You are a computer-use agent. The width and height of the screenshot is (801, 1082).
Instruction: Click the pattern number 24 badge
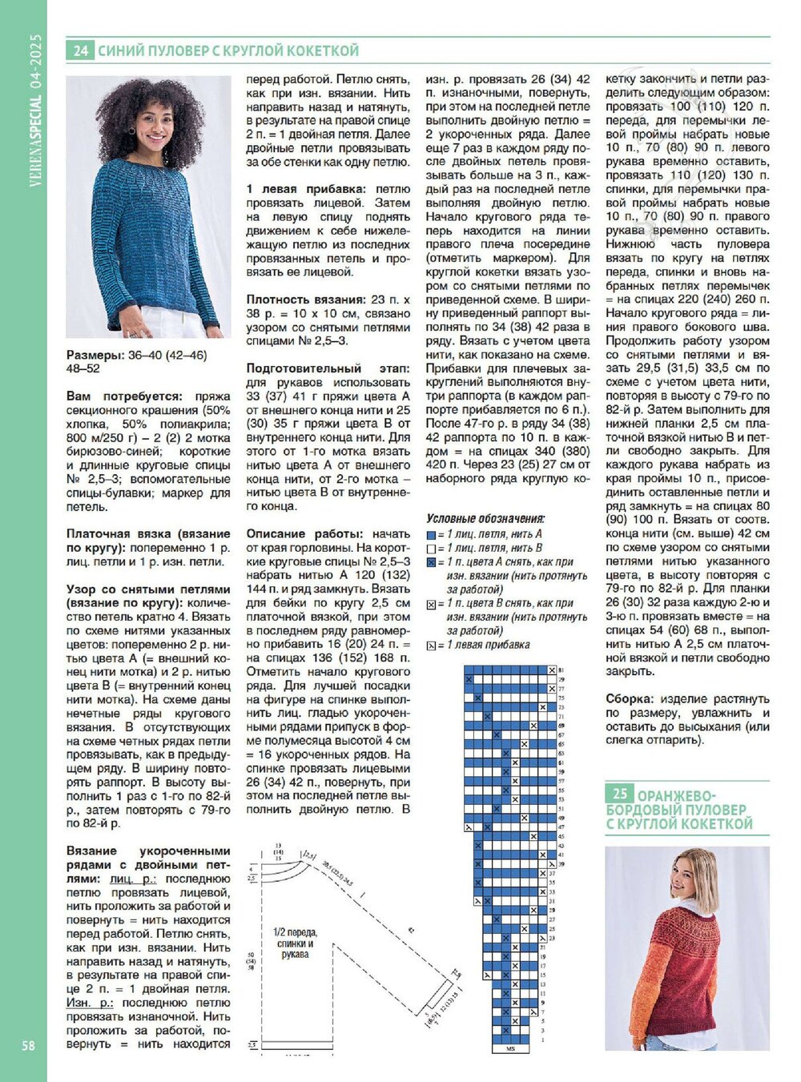coord(79,50)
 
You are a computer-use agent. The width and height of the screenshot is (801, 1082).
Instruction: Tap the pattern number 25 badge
coord(619,793)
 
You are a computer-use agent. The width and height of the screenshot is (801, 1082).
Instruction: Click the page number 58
coord(28,1045)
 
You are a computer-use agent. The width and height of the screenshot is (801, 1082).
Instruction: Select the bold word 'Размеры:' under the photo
coord(95,355)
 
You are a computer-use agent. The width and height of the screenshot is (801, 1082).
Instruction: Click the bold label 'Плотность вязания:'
coord(303,300)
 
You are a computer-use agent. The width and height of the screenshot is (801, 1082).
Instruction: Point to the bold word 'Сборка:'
coord(630,699)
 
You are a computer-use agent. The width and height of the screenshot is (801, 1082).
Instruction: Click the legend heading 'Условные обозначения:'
coord(485,518)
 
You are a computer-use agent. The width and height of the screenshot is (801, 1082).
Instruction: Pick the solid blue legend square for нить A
coord(431,534)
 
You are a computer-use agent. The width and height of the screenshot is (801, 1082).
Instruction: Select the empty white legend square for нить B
coord(431,549)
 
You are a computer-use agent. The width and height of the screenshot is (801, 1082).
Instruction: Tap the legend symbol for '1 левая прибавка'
coord(431,646)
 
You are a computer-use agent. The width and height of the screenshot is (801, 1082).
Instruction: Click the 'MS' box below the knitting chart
coord(510,1048)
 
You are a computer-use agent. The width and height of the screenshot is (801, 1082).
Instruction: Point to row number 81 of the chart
coord(561,670)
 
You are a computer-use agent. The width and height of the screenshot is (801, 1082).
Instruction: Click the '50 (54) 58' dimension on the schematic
coord(252,961)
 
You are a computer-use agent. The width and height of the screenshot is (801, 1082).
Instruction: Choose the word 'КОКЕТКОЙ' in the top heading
coord(320,50)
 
